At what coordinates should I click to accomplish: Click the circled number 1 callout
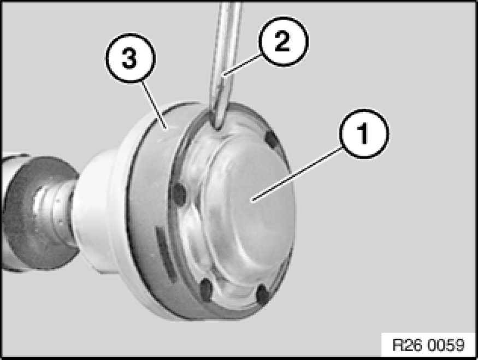coord(364,133)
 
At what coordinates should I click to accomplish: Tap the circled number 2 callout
coord(283,42)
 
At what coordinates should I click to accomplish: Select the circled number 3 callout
coord(131,58)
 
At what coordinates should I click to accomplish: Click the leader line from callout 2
coord(242,64)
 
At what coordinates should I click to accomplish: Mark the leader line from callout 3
coord(154,105)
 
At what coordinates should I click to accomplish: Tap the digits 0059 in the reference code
coord(446,345)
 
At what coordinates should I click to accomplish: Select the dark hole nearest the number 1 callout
coord(271,140)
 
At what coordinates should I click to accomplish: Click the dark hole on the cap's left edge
coord(179,193)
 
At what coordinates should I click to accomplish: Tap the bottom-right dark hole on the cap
coord(262,295)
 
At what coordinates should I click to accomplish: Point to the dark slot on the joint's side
coord(165,251)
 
